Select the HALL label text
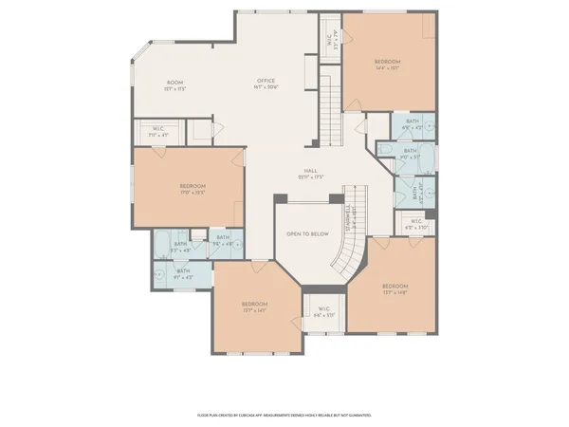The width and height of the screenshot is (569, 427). click(310, 174)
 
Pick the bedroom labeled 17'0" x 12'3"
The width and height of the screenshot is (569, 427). click(193, 189)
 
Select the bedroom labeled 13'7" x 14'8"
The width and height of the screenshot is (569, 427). click(395, 288)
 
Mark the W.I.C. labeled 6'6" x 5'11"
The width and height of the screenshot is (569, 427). click(323, 311)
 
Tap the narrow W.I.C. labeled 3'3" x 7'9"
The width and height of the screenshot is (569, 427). click(330, 41)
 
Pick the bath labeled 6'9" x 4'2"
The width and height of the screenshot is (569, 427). click(412, 123)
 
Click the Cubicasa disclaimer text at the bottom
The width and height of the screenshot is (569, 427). click(284, 415)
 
